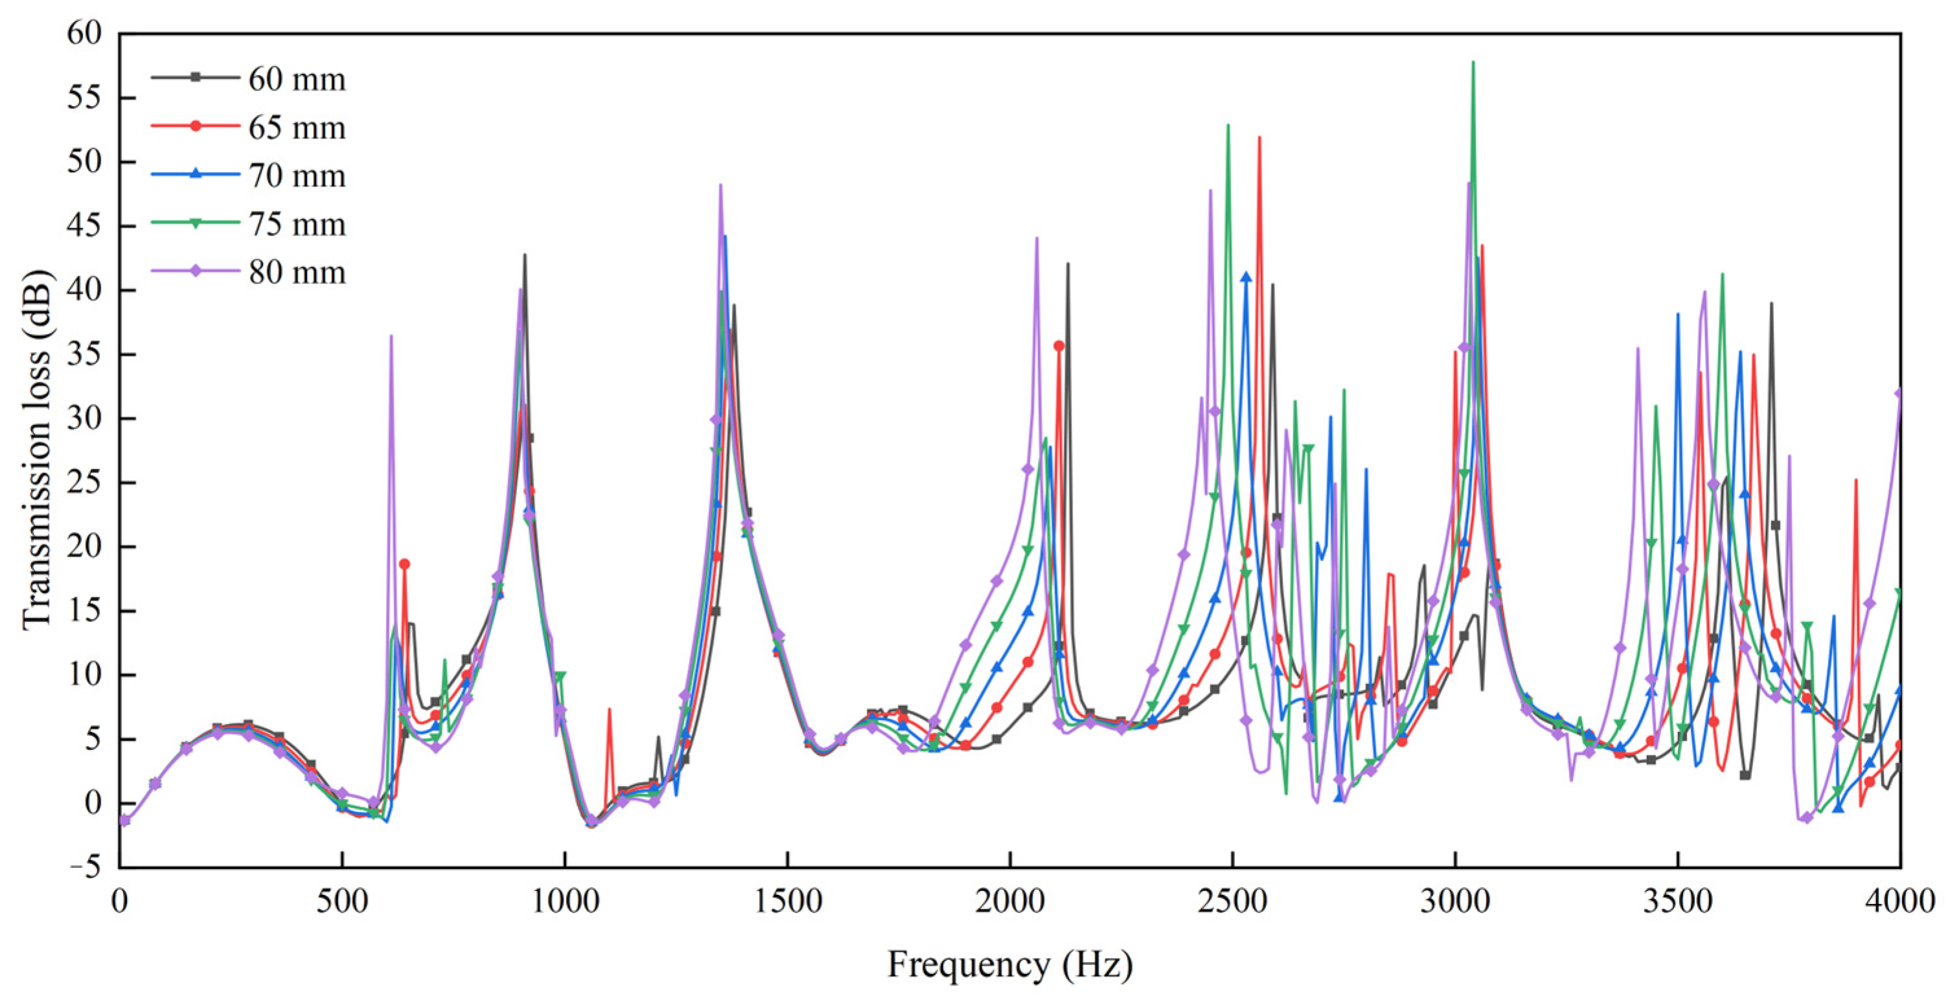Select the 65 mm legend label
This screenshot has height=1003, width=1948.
pos(297,127)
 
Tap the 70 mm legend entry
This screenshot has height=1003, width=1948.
pos(297,175)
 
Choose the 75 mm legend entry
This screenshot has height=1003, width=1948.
pos(297,224)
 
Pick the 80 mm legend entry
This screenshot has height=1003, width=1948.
pos(297,272)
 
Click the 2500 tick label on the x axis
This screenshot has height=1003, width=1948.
pos(1232,901)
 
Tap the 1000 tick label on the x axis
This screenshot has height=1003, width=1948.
pos(565,901)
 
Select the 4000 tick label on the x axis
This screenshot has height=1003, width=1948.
pos(1899,901)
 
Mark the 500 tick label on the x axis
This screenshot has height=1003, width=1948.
pos(342,901)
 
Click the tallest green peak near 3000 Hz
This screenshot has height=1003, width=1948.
pos(1473,62)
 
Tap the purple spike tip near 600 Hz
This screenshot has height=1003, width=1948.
pos(391,336)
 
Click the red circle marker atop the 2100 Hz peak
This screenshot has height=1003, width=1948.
pos(1059,346)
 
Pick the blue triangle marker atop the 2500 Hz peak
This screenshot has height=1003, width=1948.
pos(1246,278)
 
